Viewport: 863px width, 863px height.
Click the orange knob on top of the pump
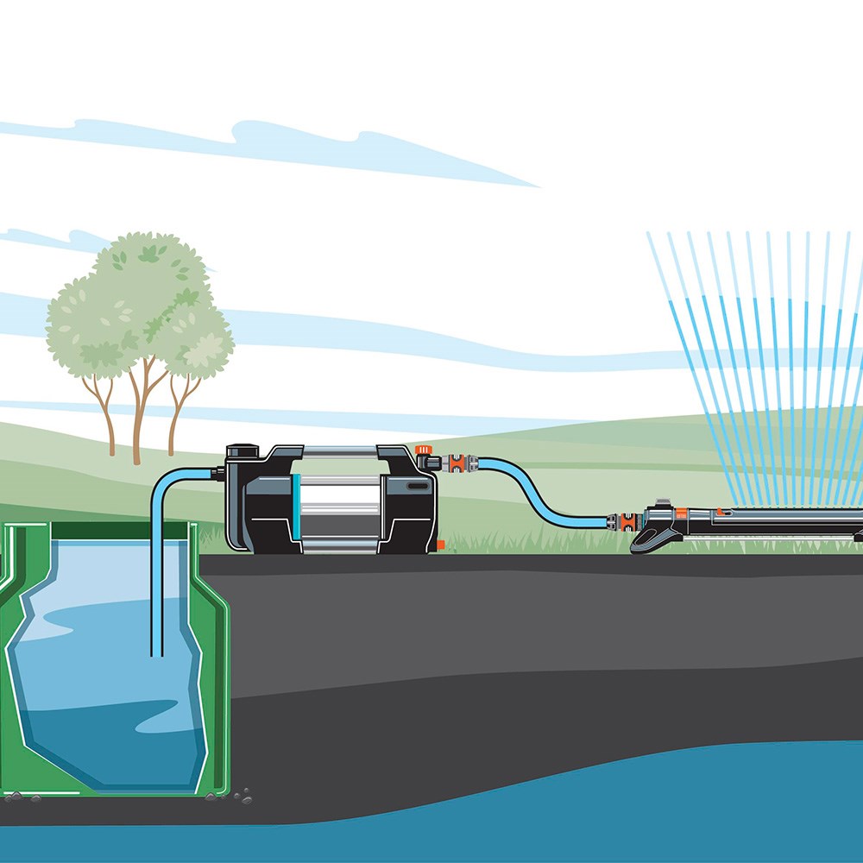[423, 450]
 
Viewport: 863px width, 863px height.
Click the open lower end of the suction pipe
[156, 654]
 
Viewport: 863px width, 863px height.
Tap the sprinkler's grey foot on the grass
[656, 539]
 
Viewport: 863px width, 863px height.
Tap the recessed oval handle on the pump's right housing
[418, 487]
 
